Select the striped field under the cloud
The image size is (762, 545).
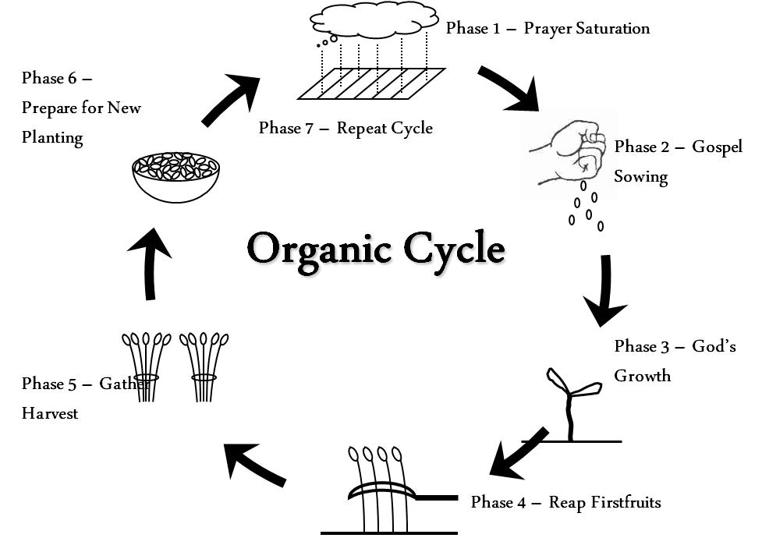pyautogui.click(x=371, y=83)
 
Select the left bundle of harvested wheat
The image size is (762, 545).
pyautogui.click(x=145, y=366)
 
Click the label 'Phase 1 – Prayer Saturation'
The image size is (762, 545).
pyautogui.click(x=548, y=29)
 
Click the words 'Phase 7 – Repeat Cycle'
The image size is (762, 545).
pyautogui.click(x=346, y=128)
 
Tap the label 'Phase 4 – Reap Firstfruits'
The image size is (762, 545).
pyautogui.click(x=565, y=502)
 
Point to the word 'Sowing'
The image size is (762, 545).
pyautogui.click(x=640, y=177)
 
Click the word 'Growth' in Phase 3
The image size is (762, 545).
pyautogui.click(x=642, y=376)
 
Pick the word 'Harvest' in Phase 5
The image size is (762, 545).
pyautogui.click(x=50, y=414)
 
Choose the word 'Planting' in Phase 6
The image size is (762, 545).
pyautogui.click(x=52, y=138)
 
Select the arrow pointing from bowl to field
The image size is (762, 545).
pyautogui.click(x=230, y=99)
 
